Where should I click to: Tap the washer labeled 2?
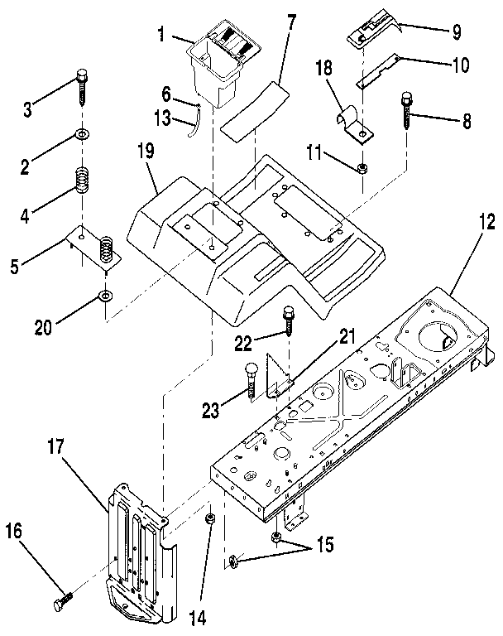(x=83, y=135)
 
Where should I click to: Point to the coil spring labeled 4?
(x=83, y=181)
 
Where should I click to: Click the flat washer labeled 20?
(x=105, y=296)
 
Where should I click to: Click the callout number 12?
(x=486, y=223)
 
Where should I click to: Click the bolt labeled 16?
(x=62, y=605)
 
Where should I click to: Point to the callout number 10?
(x=459, y=64)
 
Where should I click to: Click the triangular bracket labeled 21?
(x=283, y=378)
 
